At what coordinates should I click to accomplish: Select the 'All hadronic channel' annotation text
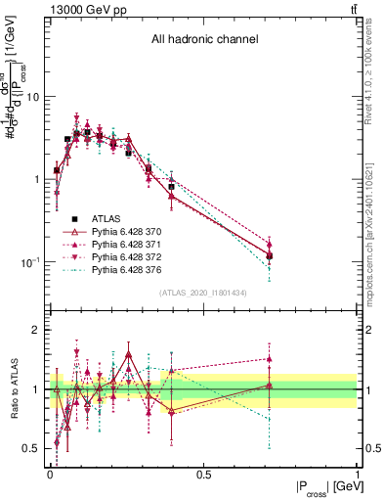pyautogui.click(x=204, y=40)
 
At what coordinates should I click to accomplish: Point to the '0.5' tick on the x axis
pyautogui.click(x=203, y=475)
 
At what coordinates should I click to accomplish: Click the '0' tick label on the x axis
pyautogui.click(x=50, y=475)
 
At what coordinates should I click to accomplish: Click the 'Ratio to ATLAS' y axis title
pyautogui.click(x=13, y=388)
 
